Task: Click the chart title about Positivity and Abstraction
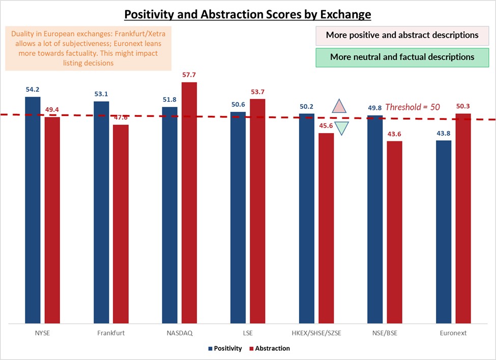(x=248, y=14)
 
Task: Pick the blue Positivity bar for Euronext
(x=444, y=231)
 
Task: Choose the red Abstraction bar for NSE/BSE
(x=394, y=232)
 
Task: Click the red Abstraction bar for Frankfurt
(x=121, y=224)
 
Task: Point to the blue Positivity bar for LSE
(x=238, y=214)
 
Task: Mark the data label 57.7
(x=189, y=75)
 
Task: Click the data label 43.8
(x=444, y=134)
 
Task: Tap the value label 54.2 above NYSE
(x=33, y=90)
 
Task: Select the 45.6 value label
(x=326, y=126)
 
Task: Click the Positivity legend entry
(x=224, y=348)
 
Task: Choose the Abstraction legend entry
(x=270, y=348)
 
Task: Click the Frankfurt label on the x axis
(x=111, y=333)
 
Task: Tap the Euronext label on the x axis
(x=453, y=333)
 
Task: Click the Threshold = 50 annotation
(x=412, y=107)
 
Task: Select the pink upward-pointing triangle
(x=339, y=106)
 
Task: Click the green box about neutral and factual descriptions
(x=402, y=57)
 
